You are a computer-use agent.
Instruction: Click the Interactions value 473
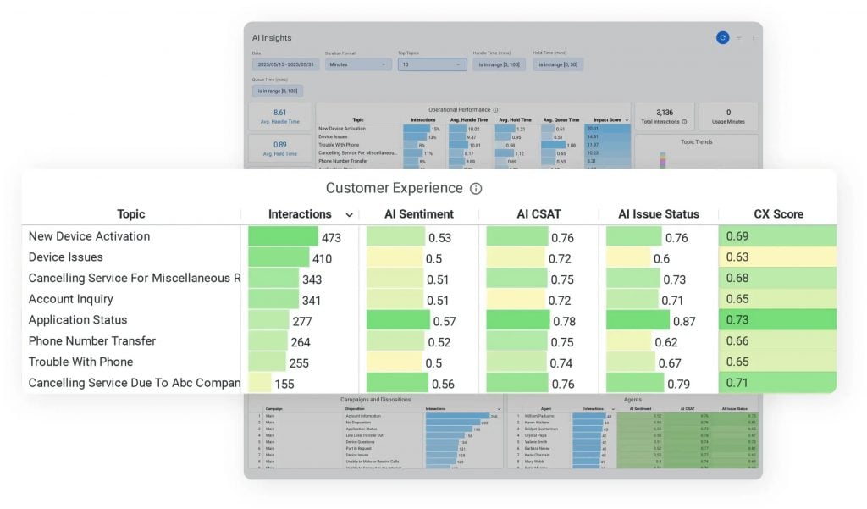click(331, 237)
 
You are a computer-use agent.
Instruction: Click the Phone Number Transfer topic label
click(92, 341)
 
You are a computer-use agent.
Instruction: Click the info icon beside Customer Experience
click(476, 189)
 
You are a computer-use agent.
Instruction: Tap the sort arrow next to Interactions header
click(349, 215)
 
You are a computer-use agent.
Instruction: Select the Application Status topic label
click(78, 320)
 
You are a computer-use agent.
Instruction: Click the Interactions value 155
click(284, 384)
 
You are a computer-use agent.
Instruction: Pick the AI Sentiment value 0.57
click(444, 321)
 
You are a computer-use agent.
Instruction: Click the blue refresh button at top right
click(721, 37)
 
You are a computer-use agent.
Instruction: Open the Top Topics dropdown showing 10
click(432, 64)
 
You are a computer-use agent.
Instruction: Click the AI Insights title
click(272, 38)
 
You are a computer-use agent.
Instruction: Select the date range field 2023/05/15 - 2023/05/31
click(285, 64)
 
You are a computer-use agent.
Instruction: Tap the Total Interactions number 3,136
click(664, 112)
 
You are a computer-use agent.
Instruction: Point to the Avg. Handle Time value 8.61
click(280, 113)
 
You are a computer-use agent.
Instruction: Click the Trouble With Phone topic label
click(80, 362)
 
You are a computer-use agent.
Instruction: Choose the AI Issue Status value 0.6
click(661, 258)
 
